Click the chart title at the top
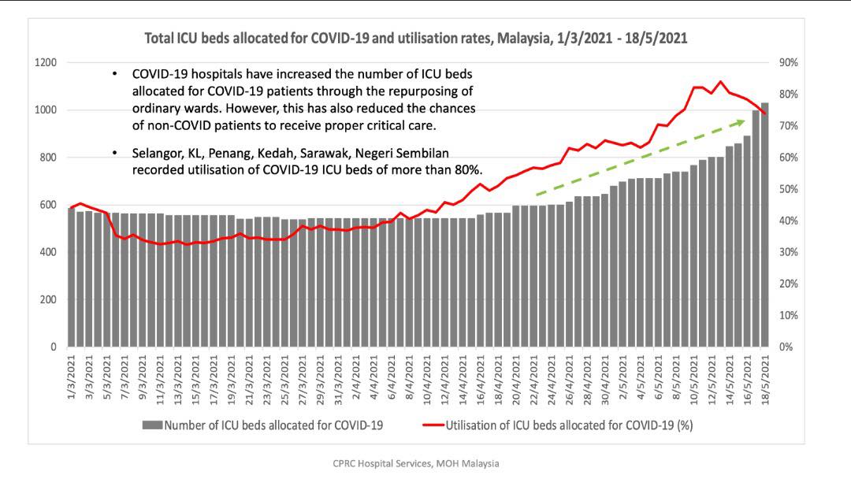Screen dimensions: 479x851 pyautogui.click(x=416, y=38)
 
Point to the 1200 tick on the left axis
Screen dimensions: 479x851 pyautogui.click(x=45, y=63)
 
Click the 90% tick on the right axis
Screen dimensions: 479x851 pyautogui.click(x=788, y=63)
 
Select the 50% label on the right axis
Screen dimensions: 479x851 pyautogui.click(x=788, y=189)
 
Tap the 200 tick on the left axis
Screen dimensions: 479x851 pyautogui.click(x=48, y=299)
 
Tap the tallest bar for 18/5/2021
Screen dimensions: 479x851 pyautogui.click(x=764, y=225)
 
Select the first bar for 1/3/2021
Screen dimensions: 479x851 pyautogui.click(x=72, y=277)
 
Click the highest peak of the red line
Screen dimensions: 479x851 pyautogui.click(x=719, y=81)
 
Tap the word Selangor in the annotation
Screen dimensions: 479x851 pyautogui.click(x=157, y=153)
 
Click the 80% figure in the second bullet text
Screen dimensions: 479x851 pyautogui.click(x=466, y=169)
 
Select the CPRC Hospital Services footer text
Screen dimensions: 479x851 pyautogui.click(x=416, y=463)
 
